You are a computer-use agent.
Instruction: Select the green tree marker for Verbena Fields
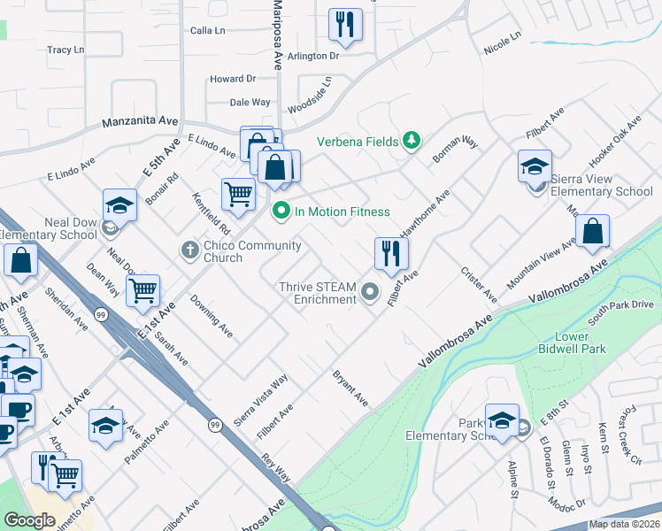coord(411,141)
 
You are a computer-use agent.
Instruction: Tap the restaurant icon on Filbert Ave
coord(390,255)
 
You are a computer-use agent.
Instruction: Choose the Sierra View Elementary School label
coord(602,185)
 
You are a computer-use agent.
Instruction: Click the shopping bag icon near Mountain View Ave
coord(592,232)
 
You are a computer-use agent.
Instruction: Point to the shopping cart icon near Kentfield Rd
coord(238,193)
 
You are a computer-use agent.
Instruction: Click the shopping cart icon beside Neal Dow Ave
coord(142,290)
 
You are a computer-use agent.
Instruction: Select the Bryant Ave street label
coord(350,389)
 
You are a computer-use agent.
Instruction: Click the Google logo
coord(29,520)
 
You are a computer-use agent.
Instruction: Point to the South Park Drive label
coord(620,311)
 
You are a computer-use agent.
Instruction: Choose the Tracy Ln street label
coord(65,50)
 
